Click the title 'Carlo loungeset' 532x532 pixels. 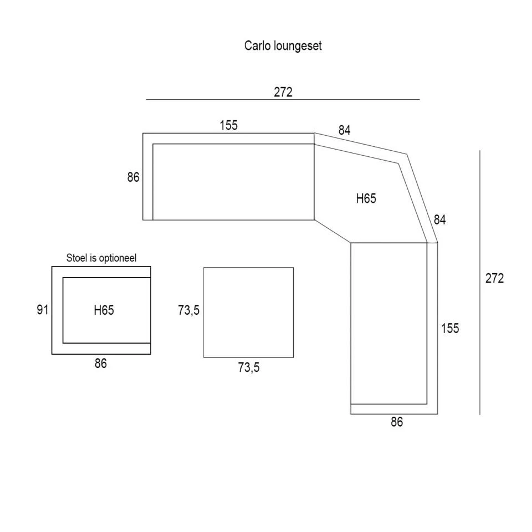point(283,45)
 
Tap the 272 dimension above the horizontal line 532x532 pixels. point(283,92)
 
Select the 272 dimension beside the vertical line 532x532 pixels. point(494,279)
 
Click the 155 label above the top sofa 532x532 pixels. point(228,125)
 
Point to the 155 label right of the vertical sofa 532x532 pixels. point(450,329)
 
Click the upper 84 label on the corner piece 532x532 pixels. point(345,131)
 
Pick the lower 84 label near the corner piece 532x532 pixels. point(439,220)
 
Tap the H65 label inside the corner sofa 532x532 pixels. point(366,198)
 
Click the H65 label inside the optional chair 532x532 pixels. point(104,310)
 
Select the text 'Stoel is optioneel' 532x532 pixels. point(101,258)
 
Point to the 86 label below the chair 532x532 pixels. point(100,364)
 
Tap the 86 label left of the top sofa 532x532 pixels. point(133,177)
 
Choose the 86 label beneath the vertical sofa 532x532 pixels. point(397,422)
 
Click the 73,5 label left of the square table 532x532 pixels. point(188,311)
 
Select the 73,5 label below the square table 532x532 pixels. point(248,367)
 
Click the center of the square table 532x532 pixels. point(248,313)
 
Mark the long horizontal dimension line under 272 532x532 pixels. point(283,100)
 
